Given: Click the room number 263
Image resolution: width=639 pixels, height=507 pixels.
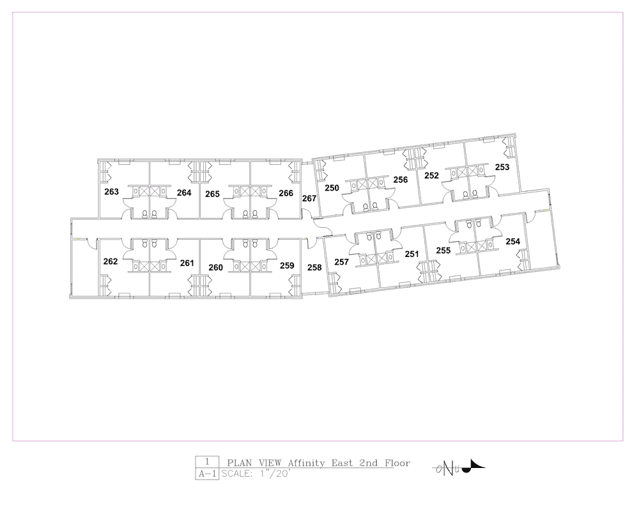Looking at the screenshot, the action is pos(111,192).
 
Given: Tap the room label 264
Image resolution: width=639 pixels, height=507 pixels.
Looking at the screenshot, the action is pos(184,192).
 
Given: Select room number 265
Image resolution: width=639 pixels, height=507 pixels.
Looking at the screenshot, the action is pos(212,194).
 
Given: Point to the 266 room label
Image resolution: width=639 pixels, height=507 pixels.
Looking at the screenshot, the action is pos(286,193).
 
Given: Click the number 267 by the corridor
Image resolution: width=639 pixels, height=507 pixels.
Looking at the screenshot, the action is pos(309,198).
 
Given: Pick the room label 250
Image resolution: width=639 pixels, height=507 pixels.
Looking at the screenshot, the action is pos(332,188).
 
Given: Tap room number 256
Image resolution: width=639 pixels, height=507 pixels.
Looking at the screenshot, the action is pos(401,180).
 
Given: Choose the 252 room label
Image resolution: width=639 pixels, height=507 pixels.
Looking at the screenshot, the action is pos(431,175).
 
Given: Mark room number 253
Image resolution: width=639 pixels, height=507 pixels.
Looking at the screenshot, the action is pos(502,168).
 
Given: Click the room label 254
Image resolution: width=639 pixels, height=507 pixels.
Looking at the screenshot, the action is pos(513,242).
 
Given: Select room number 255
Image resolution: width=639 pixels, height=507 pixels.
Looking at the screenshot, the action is pos(443,251).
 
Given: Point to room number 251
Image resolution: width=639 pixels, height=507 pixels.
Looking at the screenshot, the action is pos(412,254).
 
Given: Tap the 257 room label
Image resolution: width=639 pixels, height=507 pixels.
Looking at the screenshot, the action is pos(341,262).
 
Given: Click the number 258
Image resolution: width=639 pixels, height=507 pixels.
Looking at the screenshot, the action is pos(314,268).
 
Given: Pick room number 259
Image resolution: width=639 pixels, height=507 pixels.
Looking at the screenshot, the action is pos(287,265).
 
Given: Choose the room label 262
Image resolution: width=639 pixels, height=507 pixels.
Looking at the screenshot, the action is pos(111,261).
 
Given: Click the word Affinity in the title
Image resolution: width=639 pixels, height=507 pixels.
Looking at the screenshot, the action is pos(307,463).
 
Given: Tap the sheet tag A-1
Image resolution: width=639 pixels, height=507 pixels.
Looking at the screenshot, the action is pos(207,474).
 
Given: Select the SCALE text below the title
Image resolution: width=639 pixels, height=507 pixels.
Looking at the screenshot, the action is pos(237,474).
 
